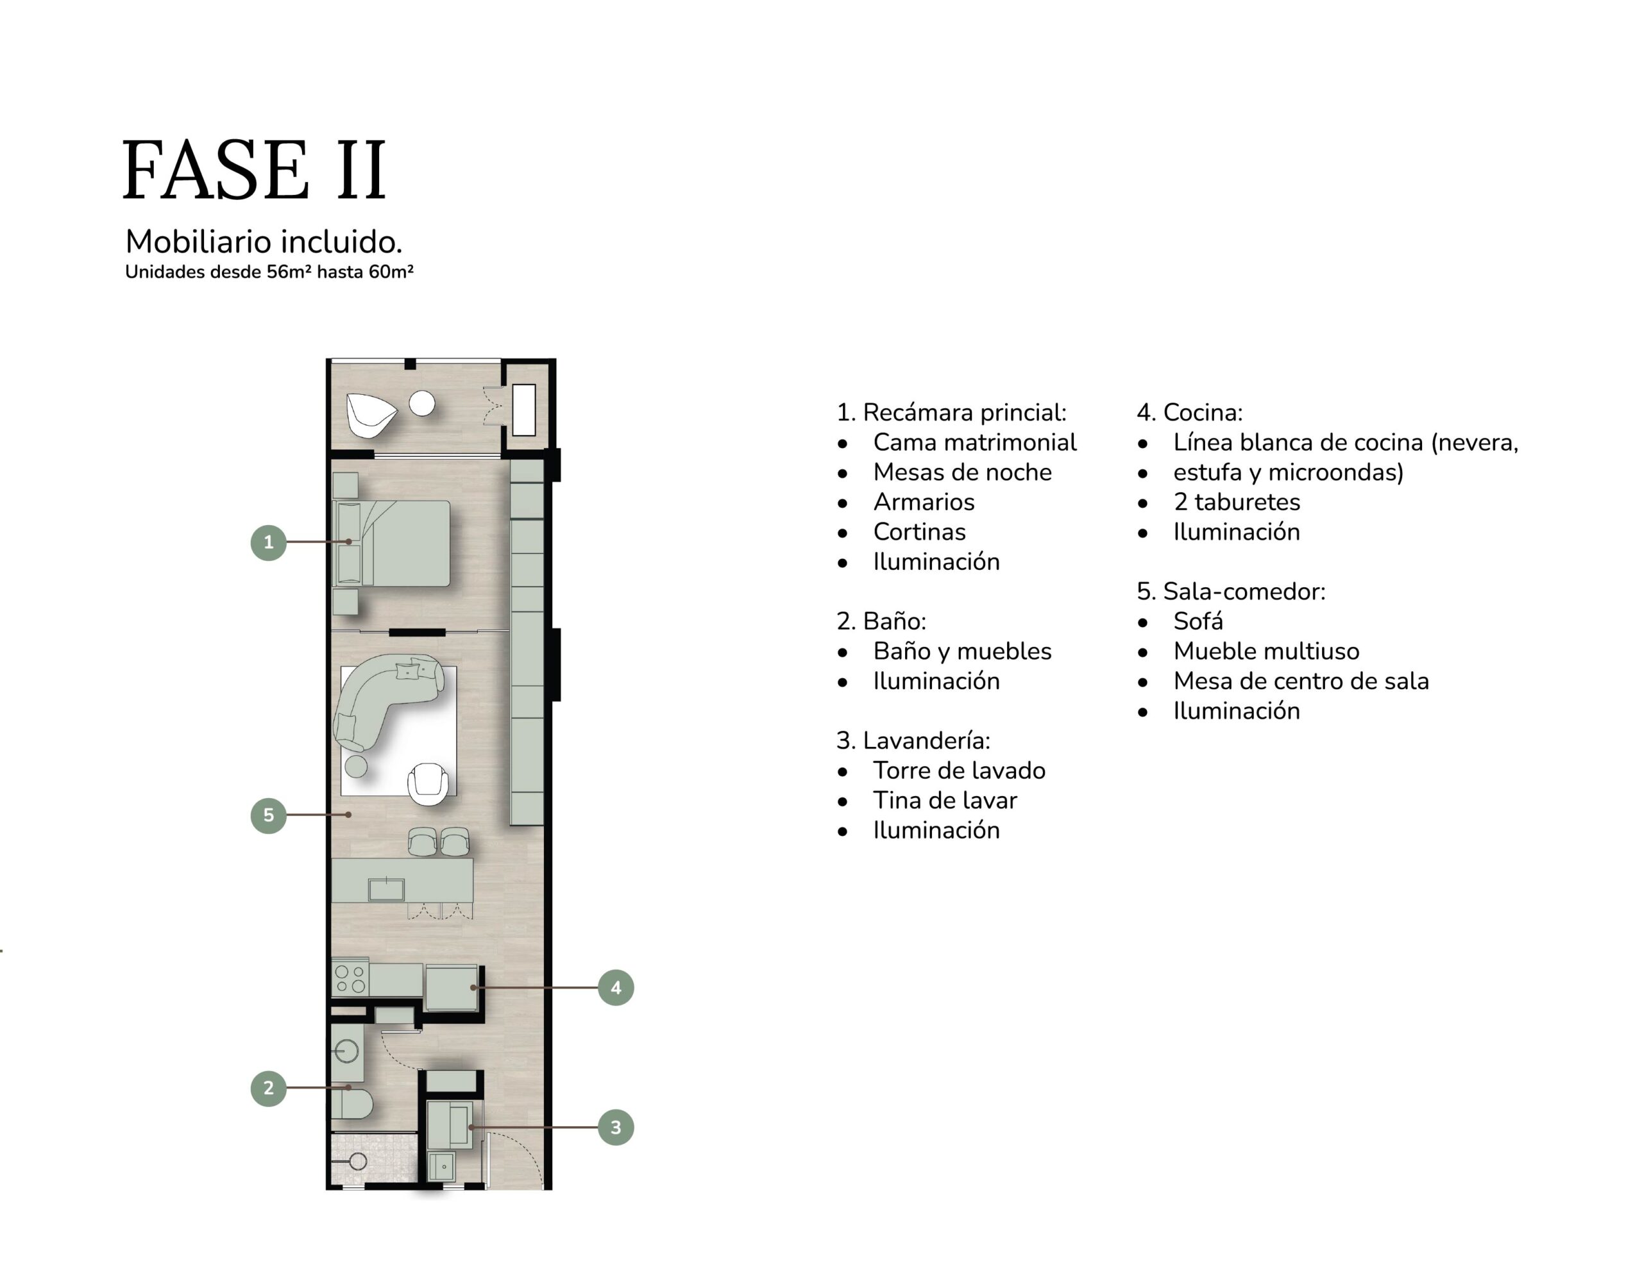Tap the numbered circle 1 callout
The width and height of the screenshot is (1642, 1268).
coord(268,542)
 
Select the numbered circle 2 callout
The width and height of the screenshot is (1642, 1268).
coord(268,1088)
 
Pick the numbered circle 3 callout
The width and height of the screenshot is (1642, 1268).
coord(616,1128)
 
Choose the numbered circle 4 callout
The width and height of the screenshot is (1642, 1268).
coord(616,988)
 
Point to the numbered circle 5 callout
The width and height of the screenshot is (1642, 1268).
coord(268,815)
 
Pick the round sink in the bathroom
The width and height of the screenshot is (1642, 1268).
coord(346,1050)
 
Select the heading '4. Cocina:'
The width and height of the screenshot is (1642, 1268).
coord(1189,413)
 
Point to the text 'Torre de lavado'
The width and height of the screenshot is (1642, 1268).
coord(959,771)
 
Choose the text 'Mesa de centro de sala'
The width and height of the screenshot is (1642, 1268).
coord(1301,681)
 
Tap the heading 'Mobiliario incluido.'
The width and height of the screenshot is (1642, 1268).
coord(264,242)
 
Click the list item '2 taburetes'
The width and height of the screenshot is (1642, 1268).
coord(1237,502)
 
